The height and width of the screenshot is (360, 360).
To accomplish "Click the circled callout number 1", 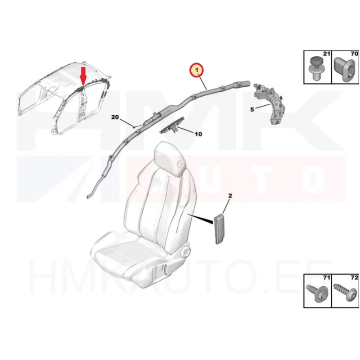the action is [196, 70].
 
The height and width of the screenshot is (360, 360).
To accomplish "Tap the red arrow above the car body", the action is [83, 75].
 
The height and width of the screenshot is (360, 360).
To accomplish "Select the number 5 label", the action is [252, 109].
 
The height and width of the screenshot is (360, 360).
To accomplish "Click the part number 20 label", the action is [115, 117].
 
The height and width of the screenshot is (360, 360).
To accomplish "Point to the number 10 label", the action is [198, 134].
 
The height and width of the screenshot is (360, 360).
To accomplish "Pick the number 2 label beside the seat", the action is [230, 196].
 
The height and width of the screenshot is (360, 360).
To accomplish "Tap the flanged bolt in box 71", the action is [317, 293].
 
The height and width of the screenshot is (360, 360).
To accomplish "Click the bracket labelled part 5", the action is [269, 104].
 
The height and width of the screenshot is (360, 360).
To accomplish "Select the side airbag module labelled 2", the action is [219, 228].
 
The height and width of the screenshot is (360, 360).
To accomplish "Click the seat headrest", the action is [170, 158].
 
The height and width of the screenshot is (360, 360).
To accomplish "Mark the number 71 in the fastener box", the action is [327, 278].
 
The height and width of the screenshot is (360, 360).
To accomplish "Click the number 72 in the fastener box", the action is [354, 278].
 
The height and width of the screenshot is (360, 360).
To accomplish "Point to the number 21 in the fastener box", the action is [327, 54].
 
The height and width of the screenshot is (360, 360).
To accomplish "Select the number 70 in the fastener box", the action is [355, 54].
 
